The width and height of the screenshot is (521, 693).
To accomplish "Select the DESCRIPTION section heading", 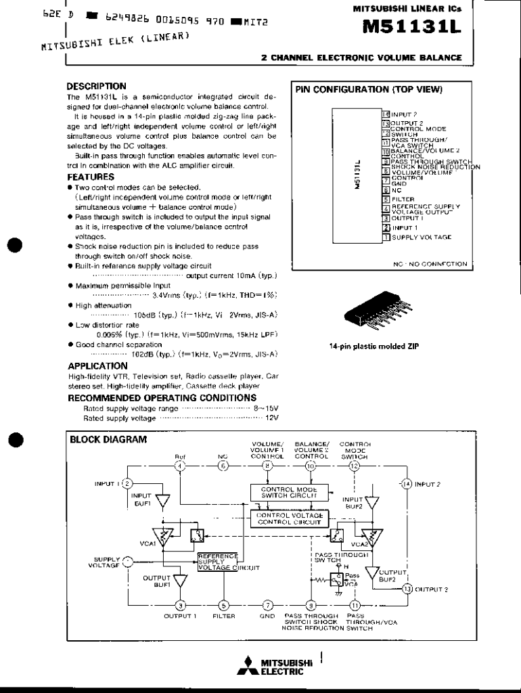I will click(96, 86).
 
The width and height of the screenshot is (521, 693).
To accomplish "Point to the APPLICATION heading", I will click(98, 366).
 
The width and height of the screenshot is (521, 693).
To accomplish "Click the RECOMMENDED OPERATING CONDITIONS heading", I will click(162, 398).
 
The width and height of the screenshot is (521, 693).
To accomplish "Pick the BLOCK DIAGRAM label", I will click(108, 439).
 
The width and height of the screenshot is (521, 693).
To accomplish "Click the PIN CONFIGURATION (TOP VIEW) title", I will click(368, 89).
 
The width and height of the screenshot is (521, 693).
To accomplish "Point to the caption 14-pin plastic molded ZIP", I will click(373, 346).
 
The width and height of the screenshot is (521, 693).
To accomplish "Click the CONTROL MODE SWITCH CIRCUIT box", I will click(289, 492).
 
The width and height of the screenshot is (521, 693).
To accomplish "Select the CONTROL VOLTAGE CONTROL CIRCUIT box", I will click(289, 518).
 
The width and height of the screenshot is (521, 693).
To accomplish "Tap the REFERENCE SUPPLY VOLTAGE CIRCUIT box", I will click(218, 562).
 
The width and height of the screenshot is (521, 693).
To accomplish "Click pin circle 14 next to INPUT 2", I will click(407, 484).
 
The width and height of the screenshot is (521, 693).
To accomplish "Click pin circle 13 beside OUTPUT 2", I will click(407, 589).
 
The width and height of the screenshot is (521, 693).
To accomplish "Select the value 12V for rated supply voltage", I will click(272, 418).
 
